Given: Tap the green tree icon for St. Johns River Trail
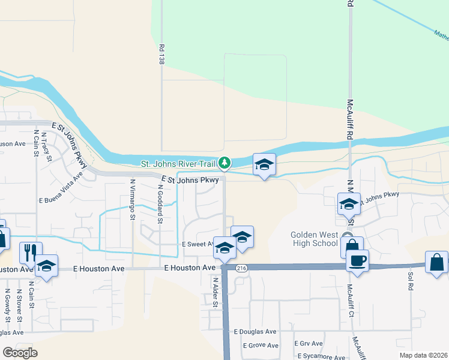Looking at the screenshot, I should coord(224,163).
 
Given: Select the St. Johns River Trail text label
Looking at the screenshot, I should coord(178,163).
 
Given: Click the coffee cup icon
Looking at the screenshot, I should coord(357,261).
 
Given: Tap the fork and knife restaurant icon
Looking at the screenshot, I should coord(28,253).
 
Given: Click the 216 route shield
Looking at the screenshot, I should coord(241,268).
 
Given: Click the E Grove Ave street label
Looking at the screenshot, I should coord(260,346).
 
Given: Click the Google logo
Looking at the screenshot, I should coord(20,353).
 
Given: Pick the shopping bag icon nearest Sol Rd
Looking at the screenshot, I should coord(436,263).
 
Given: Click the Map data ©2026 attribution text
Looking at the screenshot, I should coord(423,355).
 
